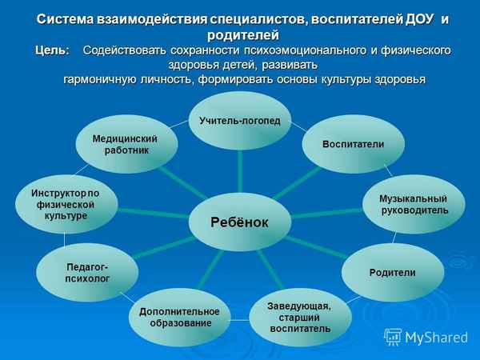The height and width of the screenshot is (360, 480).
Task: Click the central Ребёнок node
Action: pyautogui.click(x=239, y=222)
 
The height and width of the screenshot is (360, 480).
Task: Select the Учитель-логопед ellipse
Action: pyautogui.click(x=239, y=120)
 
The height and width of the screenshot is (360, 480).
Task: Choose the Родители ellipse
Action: pyautogui.click(x=392, y=273)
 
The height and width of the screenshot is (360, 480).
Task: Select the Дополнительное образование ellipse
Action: pyautogui.click(x=180, y=317)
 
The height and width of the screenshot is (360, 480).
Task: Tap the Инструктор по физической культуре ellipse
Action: pyautogui.click(x=65, y=204)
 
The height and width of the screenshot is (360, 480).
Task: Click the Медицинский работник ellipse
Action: pyautogui.click(x=125, y=145)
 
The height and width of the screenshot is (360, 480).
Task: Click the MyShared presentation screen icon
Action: pyautogui.click(x=392, y=336)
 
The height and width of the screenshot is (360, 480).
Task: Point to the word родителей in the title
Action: pyautogui.click(x=242, y=35)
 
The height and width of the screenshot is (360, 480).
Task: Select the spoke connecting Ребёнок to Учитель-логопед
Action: pyautogui.click(x=240, y=172)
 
